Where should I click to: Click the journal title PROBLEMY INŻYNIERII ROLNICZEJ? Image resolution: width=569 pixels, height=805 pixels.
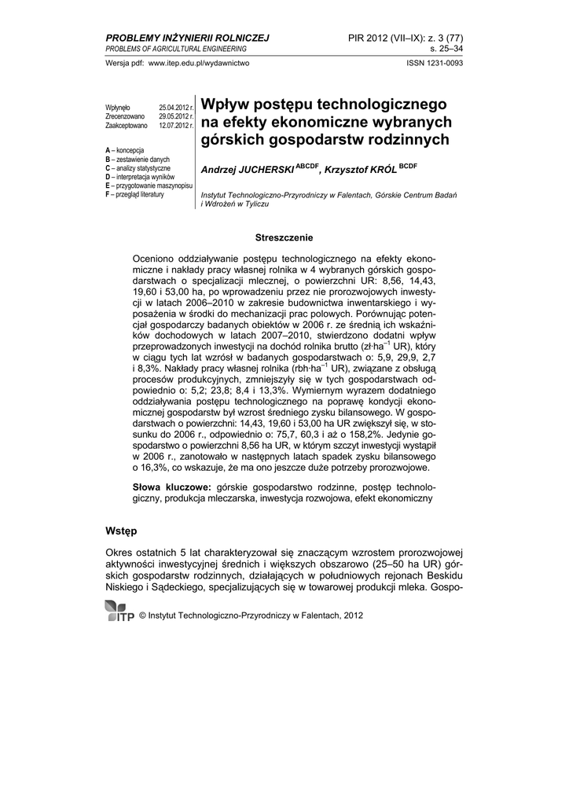187,37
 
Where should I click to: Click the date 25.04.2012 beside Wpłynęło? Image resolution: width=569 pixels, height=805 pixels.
176,107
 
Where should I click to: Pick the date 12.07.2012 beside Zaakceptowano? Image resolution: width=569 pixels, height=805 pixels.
176,125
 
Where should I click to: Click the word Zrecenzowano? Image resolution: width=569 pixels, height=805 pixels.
125,116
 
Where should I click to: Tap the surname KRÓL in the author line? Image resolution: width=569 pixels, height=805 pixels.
382,170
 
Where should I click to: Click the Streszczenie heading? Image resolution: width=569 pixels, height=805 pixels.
284,237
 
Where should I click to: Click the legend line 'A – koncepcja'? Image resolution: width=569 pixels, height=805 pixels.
130,150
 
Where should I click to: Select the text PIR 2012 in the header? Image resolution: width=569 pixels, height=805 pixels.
370,37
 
